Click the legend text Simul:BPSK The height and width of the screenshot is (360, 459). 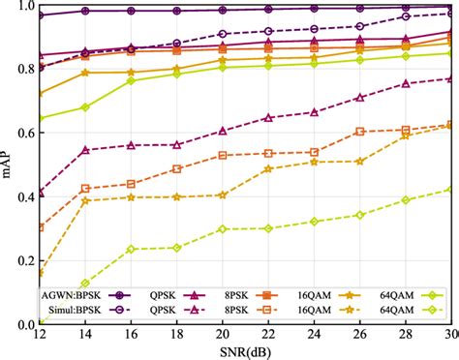click(x=69, y=311)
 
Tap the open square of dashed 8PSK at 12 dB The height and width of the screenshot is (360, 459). click(x=40, y=228)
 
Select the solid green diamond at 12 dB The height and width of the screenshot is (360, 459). click(x=40, y=119)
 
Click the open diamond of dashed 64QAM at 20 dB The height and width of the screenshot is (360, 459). click(x=223, y=229)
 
